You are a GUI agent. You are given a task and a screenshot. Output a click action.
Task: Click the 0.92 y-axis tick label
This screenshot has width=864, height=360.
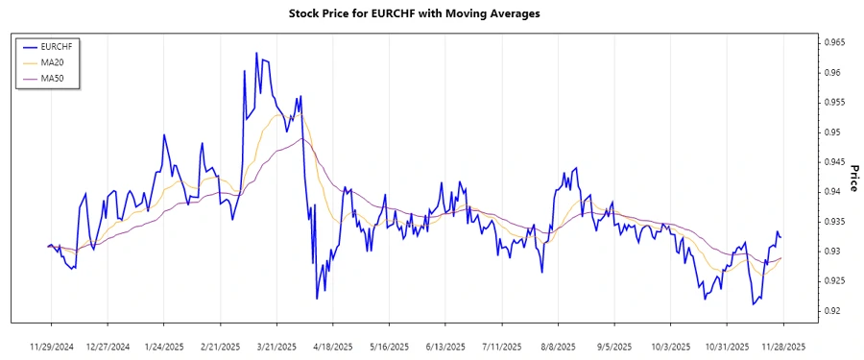click(828, 311)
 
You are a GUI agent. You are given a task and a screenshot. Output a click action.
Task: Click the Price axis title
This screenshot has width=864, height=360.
click(853, 178)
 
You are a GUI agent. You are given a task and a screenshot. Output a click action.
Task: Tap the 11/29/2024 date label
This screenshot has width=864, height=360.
click(51, 346)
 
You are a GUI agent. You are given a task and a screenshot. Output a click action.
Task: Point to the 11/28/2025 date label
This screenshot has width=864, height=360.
click(783, 346)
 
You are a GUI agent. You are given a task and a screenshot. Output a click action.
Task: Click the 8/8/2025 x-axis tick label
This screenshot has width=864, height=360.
click(558, 346)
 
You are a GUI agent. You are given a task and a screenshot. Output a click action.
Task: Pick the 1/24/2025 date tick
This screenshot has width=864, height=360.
click(164, 346)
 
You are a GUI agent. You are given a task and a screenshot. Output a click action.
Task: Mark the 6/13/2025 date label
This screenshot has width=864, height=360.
click(445, 346)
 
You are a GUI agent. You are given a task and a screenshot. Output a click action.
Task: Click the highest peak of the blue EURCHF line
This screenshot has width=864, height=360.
click(256, 53)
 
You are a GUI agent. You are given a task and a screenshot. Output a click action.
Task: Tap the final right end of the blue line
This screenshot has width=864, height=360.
click(780, 237)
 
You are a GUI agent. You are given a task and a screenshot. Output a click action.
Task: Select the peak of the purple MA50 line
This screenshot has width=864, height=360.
click(301, 138)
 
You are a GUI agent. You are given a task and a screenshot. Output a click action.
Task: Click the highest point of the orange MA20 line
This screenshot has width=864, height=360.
click(281, 114)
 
